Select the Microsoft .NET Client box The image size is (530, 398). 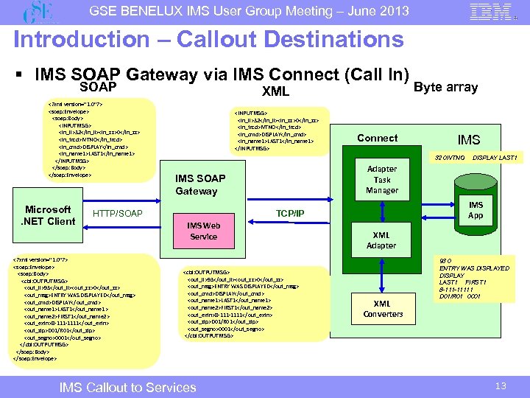coord(49,214)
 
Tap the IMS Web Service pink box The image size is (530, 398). coord(203,230)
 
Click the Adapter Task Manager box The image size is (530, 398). coord(381,179)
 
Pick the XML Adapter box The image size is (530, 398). coord(381,240)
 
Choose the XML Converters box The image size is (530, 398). coord(383,309)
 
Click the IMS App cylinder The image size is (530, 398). coord(476,210)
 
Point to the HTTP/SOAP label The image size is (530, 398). coord(119,214)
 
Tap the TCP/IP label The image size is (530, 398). coord(290,213)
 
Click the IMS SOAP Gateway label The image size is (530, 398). coord(200,184)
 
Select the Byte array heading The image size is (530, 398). coord(447,87)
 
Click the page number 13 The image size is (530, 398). coord(501,385)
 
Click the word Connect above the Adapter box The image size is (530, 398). coord(377,138)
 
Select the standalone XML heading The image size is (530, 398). coord(275,92)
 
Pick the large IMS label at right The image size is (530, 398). coord(469,139)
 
